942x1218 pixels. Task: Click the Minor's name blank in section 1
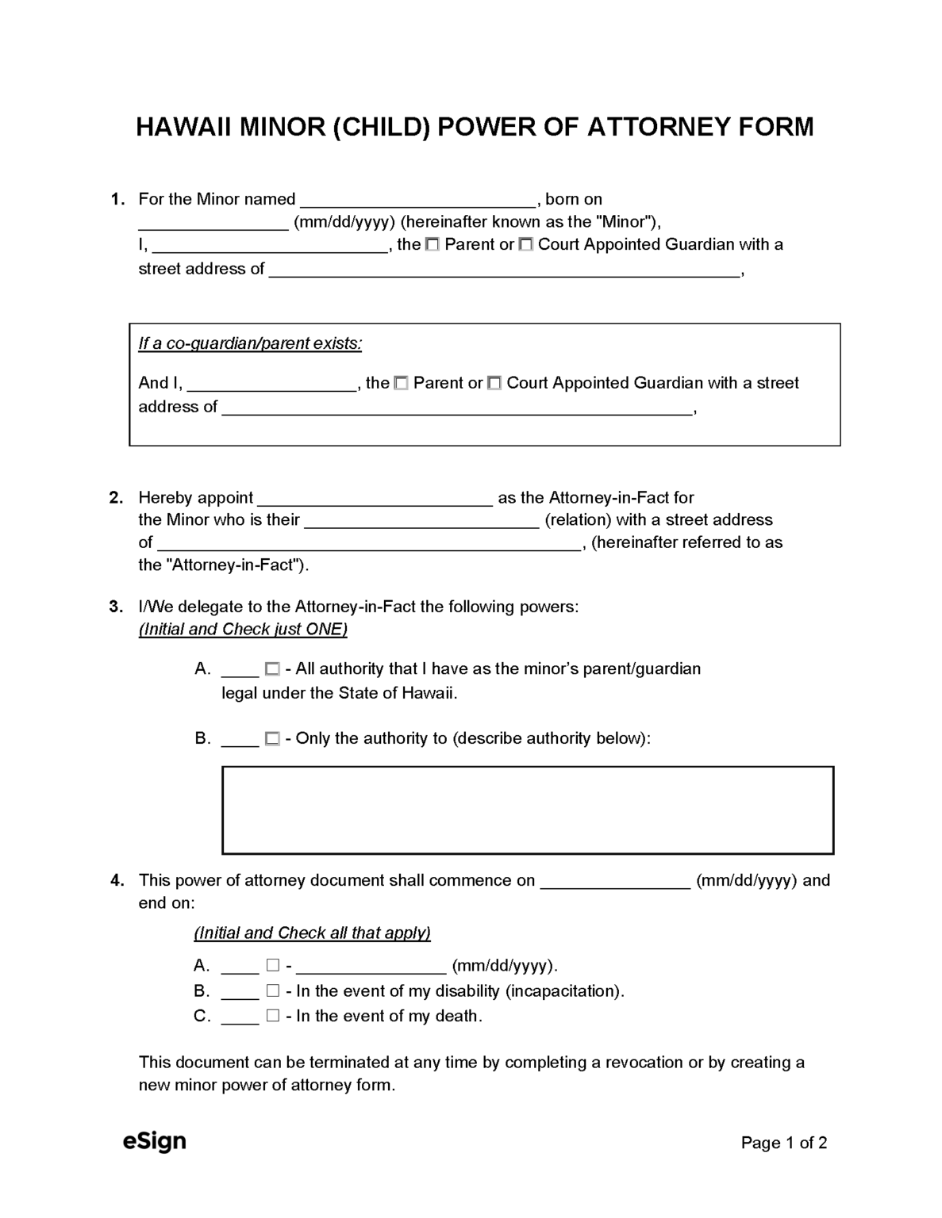click(x=419, y=200)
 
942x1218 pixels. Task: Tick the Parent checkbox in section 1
click(x=433, y=245)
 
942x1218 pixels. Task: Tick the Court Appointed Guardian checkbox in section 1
click(x=525, y=245)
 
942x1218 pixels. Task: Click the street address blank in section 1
click(x=504, y=270)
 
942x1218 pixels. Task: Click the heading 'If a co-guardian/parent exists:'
click(x=250, y=343)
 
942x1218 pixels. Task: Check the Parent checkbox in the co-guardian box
click(x=402, y=384)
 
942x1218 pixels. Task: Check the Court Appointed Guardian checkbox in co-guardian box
click(x=494, y=384)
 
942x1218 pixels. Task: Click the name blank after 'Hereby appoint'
click(x=375, y=499)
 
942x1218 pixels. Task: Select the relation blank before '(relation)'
click(x=421, y=521)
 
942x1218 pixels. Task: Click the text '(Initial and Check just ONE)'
click(x=243, y=630)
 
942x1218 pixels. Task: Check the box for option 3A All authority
click(x=272, y=669)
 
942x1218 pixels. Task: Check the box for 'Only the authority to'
click(x=272, y=739)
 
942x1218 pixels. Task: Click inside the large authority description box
click(x=528, y=810)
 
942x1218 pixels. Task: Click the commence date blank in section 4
click(x=615, y=881)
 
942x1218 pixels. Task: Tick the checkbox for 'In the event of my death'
click(x=273, y=1016)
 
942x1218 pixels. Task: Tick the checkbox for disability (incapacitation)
click(x=273, y=991)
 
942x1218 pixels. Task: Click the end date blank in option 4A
click(x=371, y=966)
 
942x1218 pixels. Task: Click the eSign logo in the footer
click(x=155, y=1141)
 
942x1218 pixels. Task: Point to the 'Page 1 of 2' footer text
click(x=784, y=1143)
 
